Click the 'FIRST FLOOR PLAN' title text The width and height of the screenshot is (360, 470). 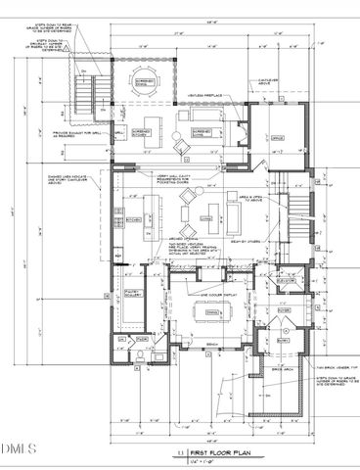point(214,452)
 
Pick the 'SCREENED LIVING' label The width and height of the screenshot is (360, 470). point(202,128)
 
